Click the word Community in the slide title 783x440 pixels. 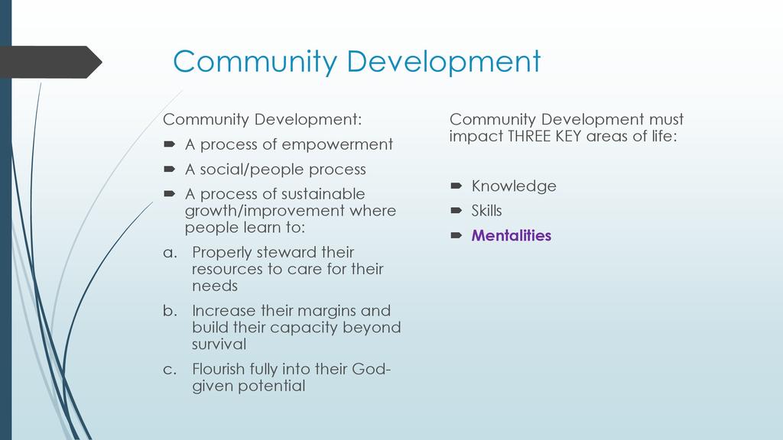click(x=255, y=62)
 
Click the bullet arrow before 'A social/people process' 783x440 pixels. click(x=169, y=169)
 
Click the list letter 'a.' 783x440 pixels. click(x=171, y=253)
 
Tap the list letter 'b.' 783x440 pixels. click(x=171, y=310)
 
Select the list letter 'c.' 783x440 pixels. click(x=170, y=370)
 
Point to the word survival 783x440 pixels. click(x=219, y=344)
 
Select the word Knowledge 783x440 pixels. click(x=514, y=186)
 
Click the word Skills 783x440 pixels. click(x=487, y=211)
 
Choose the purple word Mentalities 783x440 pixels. click(x=512, y=235)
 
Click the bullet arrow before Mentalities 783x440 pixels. click(x=456, y=235)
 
